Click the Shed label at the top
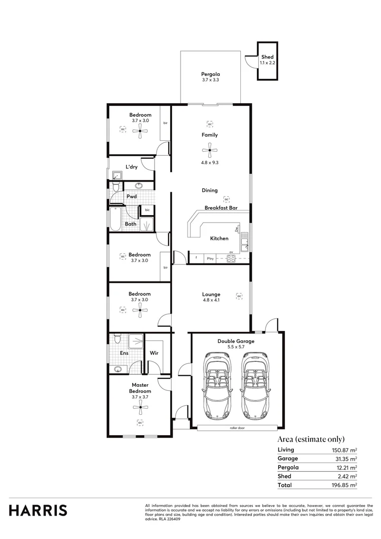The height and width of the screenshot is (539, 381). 267,57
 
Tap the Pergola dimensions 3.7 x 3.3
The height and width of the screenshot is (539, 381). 210,80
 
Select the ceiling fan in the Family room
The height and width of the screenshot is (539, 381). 210,150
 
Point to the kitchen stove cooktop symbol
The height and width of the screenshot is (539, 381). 231,258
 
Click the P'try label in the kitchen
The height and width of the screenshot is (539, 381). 210,258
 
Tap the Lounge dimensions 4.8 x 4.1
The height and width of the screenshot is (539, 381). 210,300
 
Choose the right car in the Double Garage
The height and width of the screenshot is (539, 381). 255,386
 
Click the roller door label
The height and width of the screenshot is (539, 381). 237,428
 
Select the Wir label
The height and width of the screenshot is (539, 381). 154,353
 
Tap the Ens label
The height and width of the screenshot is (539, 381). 125,353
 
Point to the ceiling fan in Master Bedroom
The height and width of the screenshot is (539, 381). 141,407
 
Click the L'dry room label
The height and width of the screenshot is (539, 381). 131,167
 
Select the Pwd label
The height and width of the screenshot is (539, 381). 132,197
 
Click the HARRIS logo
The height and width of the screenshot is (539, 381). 38,510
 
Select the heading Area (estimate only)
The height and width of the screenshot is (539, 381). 311,439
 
